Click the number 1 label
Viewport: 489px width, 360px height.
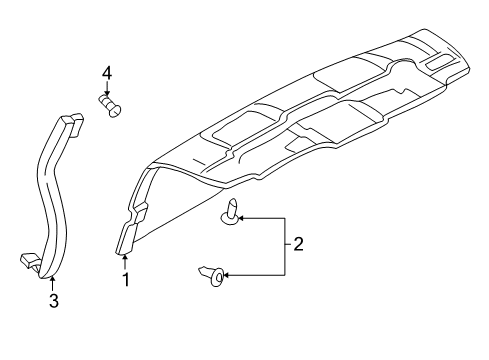tap(127, 281)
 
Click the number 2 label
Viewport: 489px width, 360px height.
tap(296, 242)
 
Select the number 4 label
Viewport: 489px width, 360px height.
tap(106, 72)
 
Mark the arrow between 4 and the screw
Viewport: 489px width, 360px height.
tap(106, 87)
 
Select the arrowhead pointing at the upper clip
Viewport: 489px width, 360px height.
tap(243, 216)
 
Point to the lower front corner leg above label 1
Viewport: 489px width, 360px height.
tap(127, 240)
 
